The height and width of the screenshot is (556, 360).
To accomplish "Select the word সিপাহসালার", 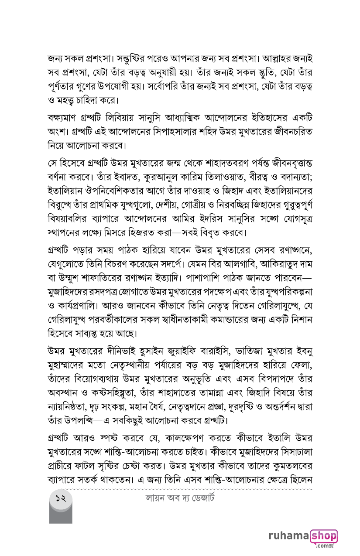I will [x=172, y=132].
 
